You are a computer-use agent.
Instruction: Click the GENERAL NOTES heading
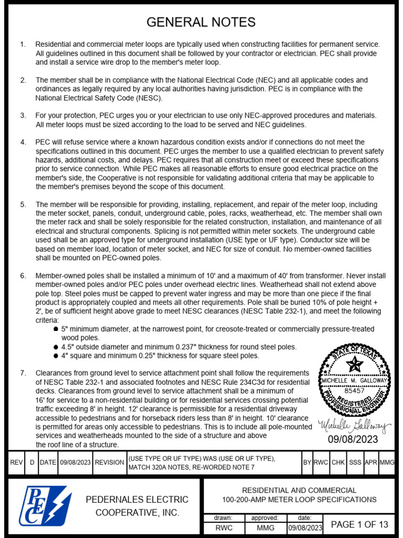(x=201, y=22)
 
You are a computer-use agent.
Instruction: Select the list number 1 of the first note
(x=23, y=45)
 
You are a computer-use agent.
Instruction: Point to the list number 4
(x=23, y=142)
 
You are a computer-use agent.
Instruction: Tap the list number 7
(x=23, y=373)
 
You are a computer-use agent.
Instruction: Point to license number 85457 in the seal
(x=355, y=391)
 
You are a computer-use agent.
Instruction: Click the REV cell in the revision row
(x=17, y=462)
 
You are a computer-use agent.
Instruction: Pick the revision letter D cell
(x=32, y=462)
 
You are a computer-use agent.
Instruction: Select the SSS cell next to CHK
(x=355, y=462)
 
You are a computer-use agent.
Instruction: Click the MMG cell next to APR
(x=387, y=462)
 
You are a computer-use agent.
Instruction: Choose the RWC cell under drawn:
(x=224, y=528)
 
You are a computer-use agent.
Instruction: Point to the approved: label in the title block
(x=264, y=518)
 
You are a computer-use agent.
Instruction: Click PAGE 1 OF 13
(x=359, y=524)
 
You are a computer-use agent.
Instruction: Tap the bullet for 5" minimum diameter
(x=56, y=329)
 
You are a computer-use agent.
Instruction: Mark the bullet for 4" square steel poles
(x=56, y=356)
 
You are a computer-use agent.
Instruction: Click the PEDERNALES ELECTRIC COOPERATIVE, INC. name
(x=137, y=505)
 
